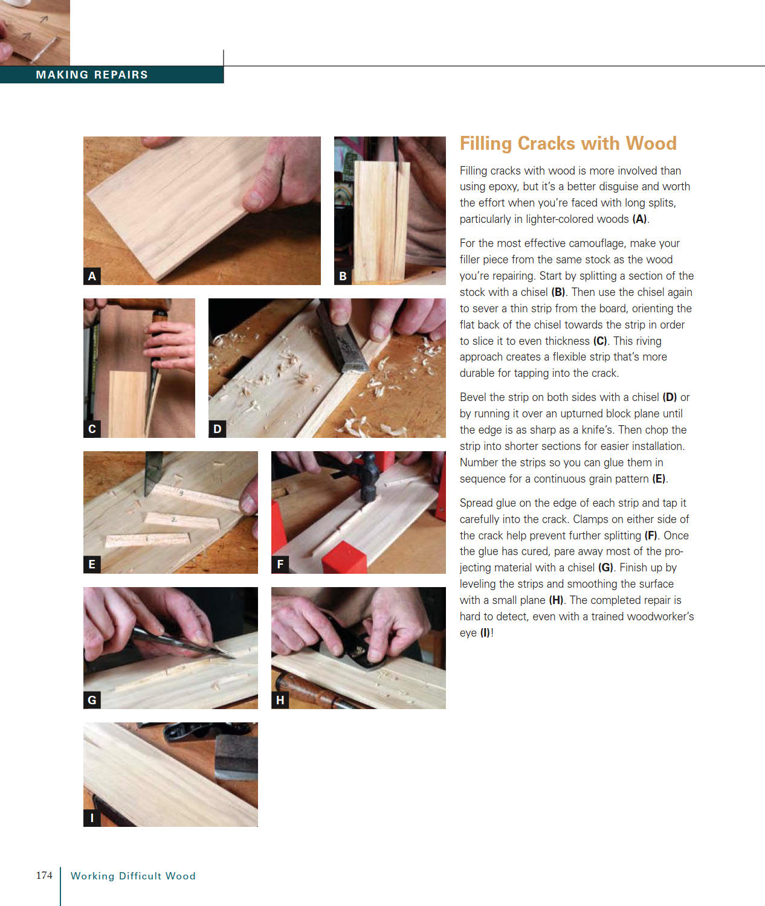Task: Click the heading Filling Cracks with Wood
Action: pos(567,144)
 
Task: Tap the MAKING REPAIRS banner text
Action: pos(92,75)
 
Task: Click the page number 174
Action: pos(44,875)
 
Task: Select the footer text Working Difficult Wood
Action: pos(133,876)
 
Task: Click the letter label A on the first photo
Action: pos(92,276)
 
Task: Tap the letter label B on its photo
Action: pos(343,276)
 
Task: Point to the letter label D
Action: pos(217,429)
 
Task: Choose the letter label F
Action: pos(280,564)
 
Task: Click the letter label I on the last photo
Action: pos(92,818)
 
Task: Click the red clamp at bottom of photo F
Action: pos(344,559)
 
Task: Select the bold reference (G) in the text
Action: pos(605,568)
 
